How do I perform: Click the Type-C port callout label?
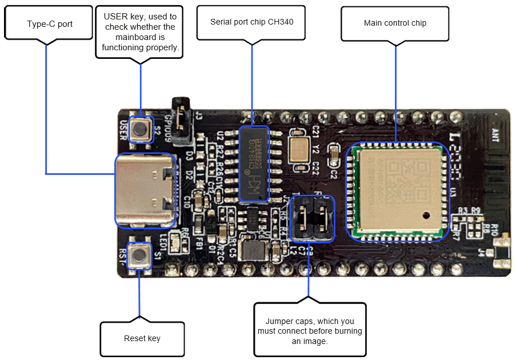[49, 23]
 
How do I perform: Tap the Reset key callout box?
[142, 338]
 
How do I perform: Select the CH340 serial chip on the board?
[254, 163]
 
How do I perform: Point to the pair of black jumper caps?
[312, 218]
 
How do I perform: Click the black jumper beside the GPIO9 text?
[182, 122]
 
